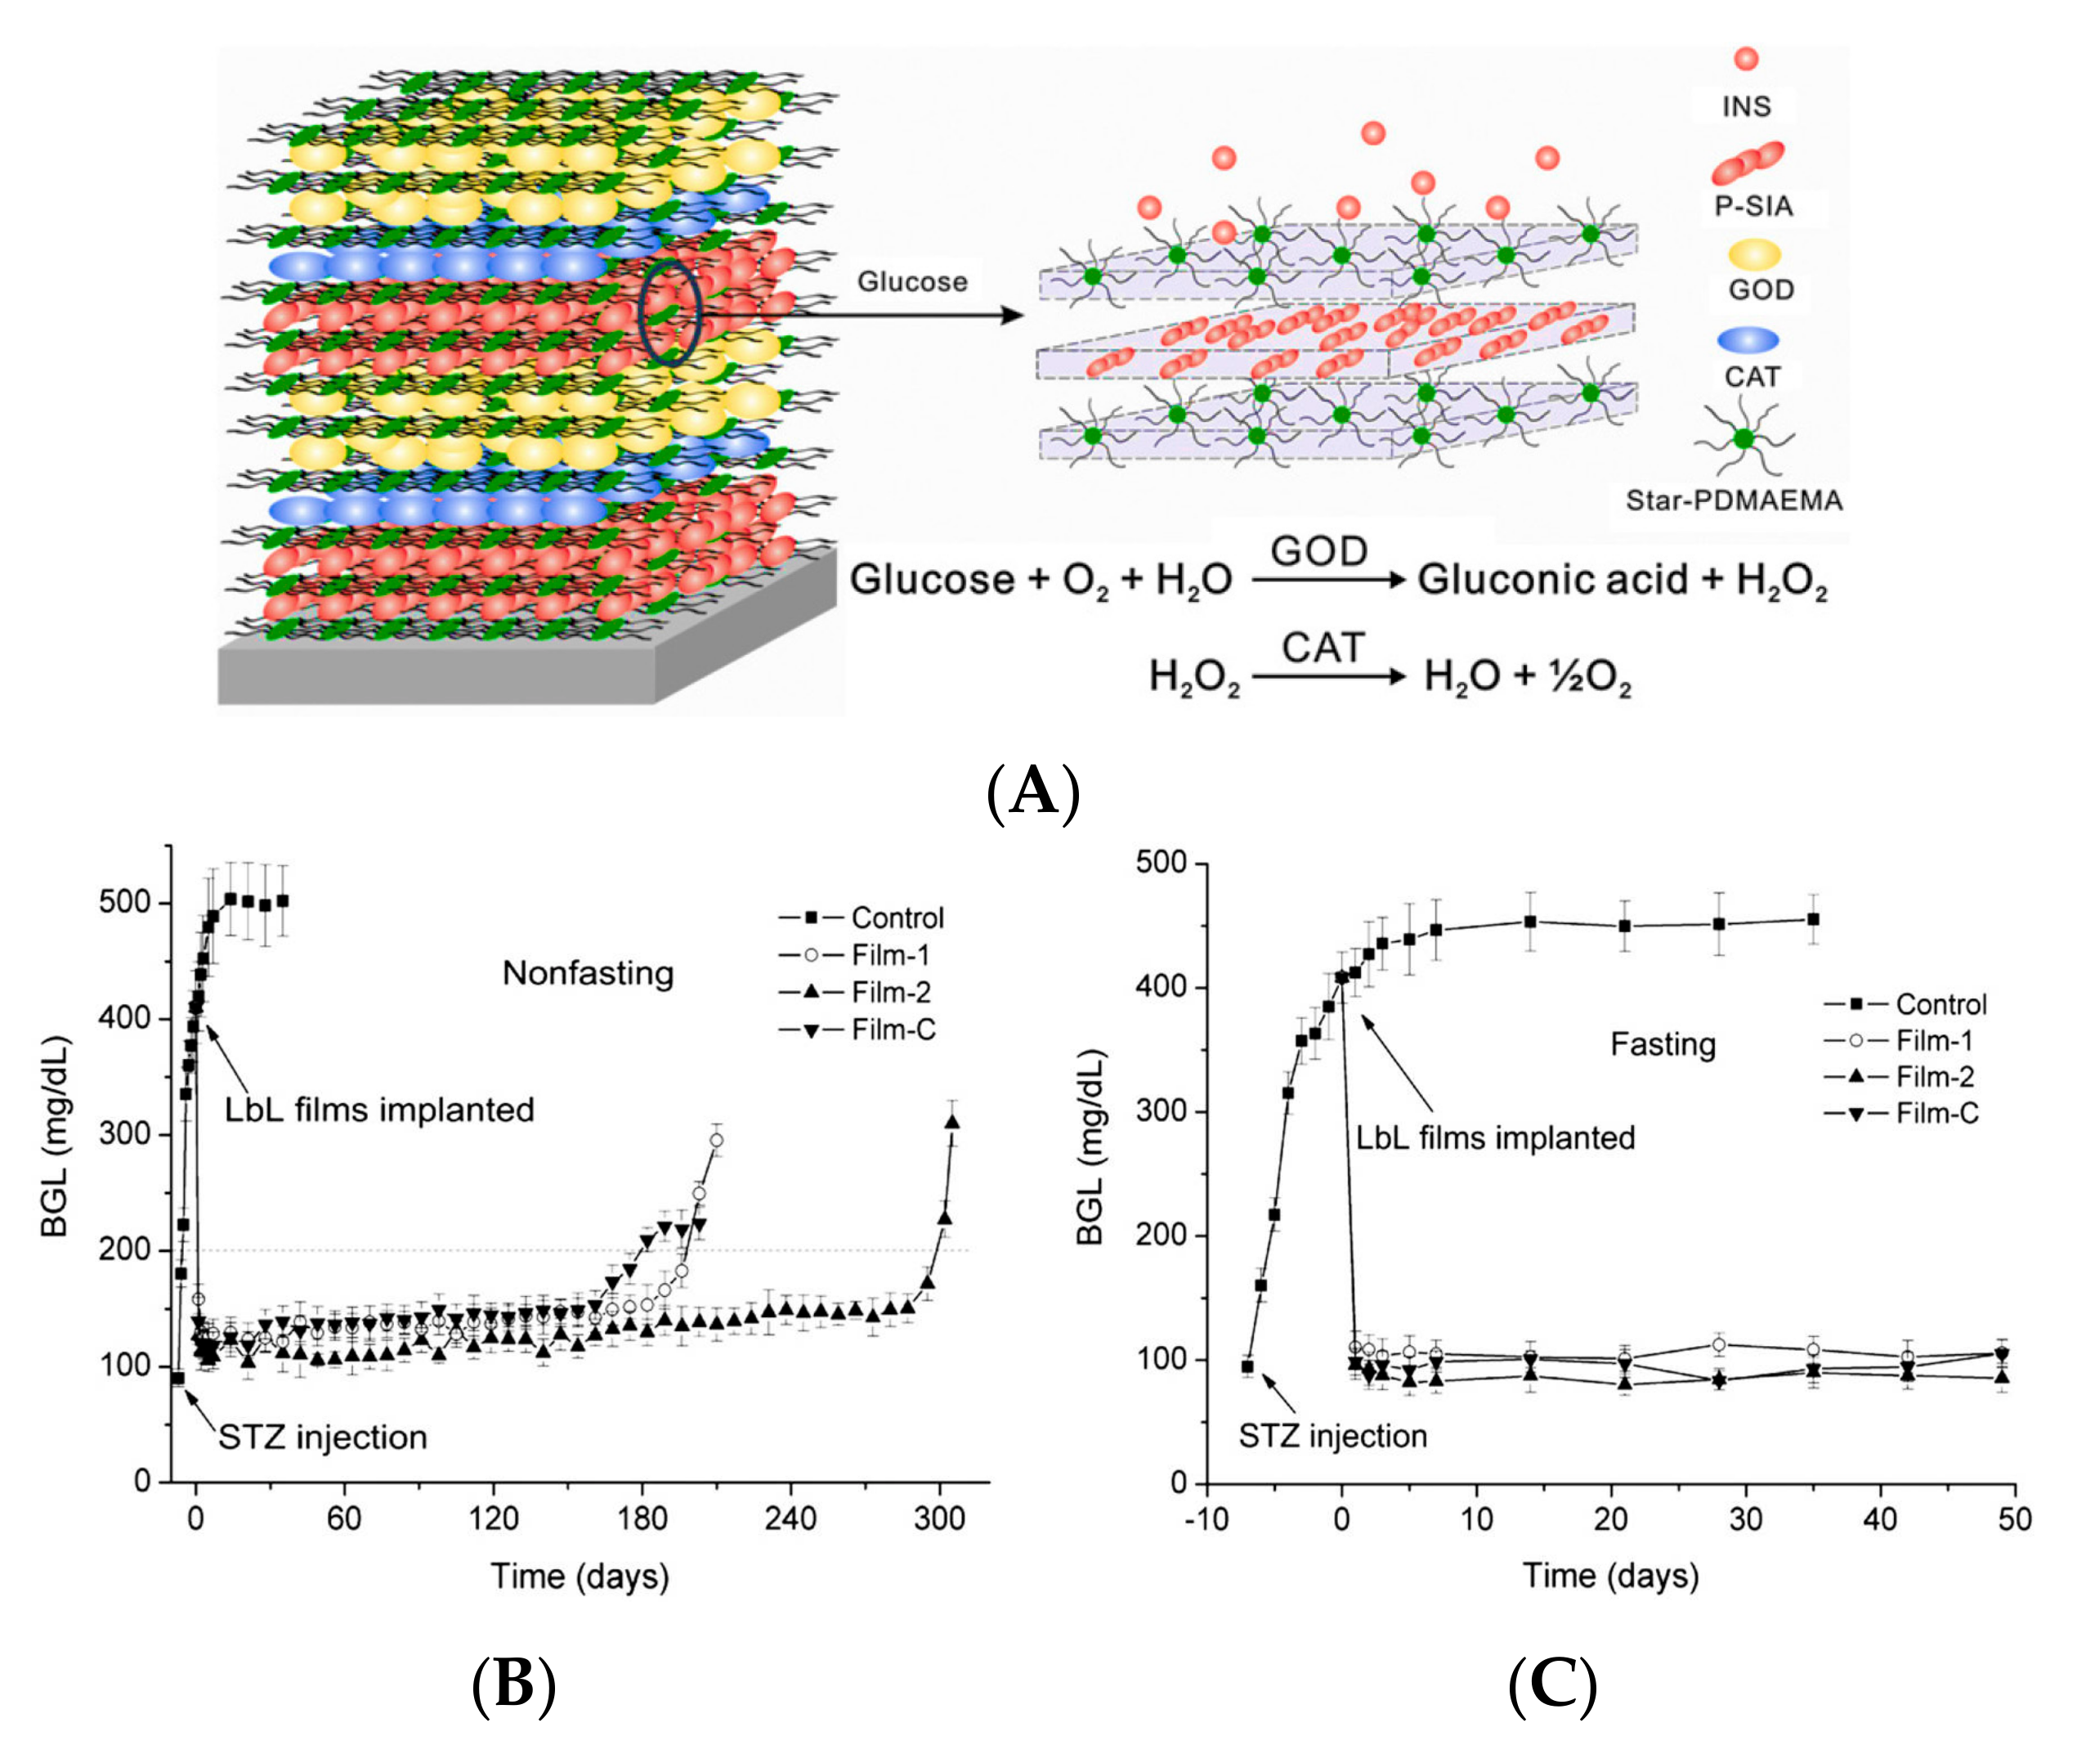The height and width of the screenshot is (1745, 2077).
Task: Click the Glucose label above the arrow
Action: (x=912, y=282)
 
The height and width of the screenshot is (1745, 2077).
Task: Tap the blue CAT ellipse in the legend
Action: (x=1748, y=340)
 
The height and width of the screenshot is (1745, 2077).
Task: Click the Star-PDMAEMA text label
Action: (x=1734, y=500)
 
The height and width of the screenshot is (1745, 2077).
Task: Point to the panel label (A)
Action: (x=1032, y=792)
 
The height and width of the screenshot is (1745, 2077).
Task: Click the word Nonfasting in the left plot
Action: (x=589, y=973)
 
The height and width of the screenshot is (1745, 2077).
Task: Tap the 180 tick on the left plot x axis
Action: (x=642, y=1518)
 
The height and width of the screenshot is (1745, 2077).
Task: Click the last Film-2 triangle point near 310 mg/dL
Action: (x=952, y=1122)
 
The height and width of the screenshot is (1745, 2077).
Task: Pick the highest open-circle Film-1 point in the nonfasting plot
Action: (x=716, y=1141)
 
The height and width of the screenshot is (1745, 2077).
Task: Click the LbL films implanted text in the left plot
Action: (x=378, y=1110)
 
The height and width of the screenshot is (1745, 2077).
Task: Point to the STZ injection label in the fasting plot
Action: (x=1332, y=1435)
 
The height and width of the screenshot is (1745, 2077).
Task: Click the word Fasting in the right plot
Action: (x=1663, y=1044)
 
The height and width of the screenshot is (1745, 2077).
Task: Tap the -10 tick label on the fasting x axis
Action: (x=1206, y=1518)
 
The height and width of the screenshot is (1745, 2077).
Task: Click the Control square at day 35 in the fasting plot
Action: (x=1813, y=919)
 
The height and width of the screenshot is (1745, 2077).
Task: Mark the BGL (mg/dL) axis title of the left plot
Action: (x=56, y=1137)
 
